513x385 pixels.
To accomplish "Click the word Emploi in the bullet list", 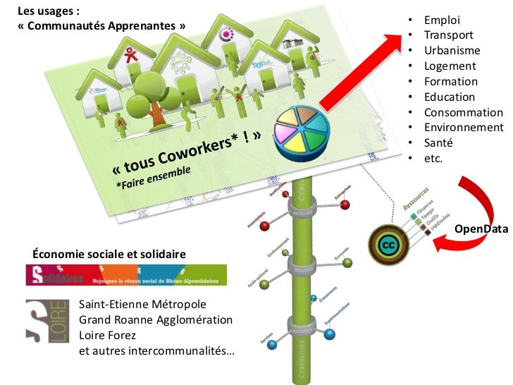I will coord(440,20).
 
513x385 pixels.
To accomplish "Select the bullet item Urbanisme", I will coord(452,51).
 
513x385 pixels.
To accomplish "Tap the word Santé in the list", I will coord(438,143).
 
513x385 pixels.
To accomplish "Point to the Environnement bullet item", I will coord(463,128).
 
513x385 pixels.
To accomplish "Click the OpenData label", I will coord(481,229).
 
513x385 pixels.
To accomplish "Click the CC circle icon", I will coord(388,244).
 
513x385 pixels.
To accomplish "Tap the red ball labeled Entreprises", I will coord(345,205).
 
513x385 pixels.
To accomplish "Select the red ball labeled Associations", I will coord(265,226).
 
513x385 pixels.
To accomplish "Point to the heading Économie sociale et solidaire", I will coord(109,253).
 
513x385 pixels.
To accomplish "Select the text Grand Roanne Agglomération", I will coord(155,319).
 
